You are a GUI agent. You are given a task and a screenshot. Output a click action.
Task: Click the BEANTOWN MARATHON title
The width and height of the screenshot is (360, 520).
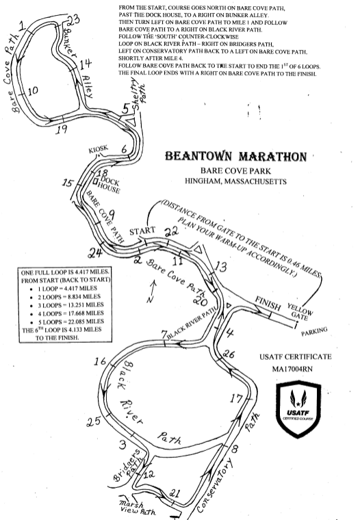(x=236, y=156)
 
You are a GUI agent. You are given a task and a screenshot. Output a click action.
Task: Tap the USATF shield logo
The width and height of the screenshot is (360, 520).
(x=298, y=409)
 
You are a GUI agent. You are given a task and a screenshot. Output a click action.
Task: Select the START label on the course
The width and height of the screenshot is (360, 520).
(x=142, y=231)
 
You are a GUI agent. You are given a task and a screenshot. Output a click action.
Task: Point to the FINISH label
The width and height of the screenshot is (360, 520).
(x=268, y=303)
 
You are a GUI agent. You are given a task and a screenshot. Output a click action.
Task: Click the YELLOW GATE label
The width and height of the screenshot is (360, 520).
(x=300, y=312)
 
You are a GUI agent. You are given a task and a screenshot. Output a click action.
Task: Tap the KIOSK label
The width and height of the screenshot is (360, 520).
(x=98, y=149)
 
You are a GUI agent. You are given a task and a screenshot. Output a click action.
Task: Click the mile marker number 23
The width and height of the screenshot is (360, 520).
(x=73, y=21)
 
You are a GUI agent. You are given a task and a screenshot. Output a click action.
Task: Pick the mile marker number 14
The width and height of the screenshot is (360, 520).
(x=86, y=63)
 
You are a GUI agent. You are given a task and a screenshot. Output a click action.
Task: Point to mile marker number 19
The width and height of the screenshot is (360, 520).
(x=62, y=129)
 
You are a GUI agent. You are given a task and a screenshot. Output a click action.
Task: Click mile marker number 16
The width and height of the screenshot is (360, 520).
(x=100, y=361)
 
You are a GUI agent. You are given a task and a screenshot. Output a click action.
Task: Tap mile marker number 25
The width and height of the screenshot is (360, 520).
(x=94, y=421)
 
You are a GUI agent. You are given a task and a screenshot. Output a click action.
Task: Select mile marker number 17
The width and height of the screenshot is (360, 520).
(x=237, y=398)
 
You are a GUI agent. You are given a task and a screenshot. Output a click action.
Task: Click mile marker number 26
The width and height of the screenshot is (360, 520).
(x=229, y=354)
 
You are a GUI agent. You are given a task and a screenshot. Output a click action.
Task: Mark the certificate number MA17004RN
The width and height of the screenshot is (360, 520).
(x=292, y=369)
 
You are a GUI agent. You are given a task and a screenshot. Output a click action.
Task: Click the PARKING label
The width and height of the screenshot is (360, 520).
(x=314, y=331)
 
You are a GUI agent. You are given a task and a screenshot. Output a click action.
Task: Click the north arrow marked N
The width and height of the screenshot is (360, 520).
(x=152, y=291)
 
